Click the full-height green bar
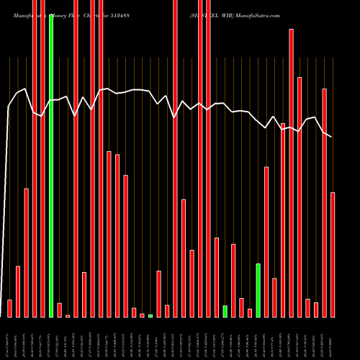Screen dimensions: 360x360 coord(51,166)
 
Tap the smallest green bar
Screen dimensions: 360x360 coord(150,315)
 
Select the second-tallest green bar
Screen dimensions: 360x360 coord(258,290)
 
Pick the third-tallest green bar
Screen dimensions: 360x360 coord(225,311)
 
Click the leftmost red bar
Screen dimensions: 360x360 coord(9,308)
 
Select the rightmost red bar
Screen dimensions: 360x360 coord(333,255)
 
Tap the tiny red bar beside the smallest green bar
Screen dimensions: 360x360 coord(143,315)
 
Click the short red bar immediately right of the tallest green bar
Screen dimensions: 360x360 coord(60,310)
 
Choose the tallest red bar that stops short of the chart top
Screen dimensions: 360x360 coord(292,173)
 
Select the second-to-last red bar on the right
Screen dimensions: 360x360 coord(325,202)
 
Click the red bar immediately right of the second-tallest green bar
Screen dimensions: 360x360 coord(266,242)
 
